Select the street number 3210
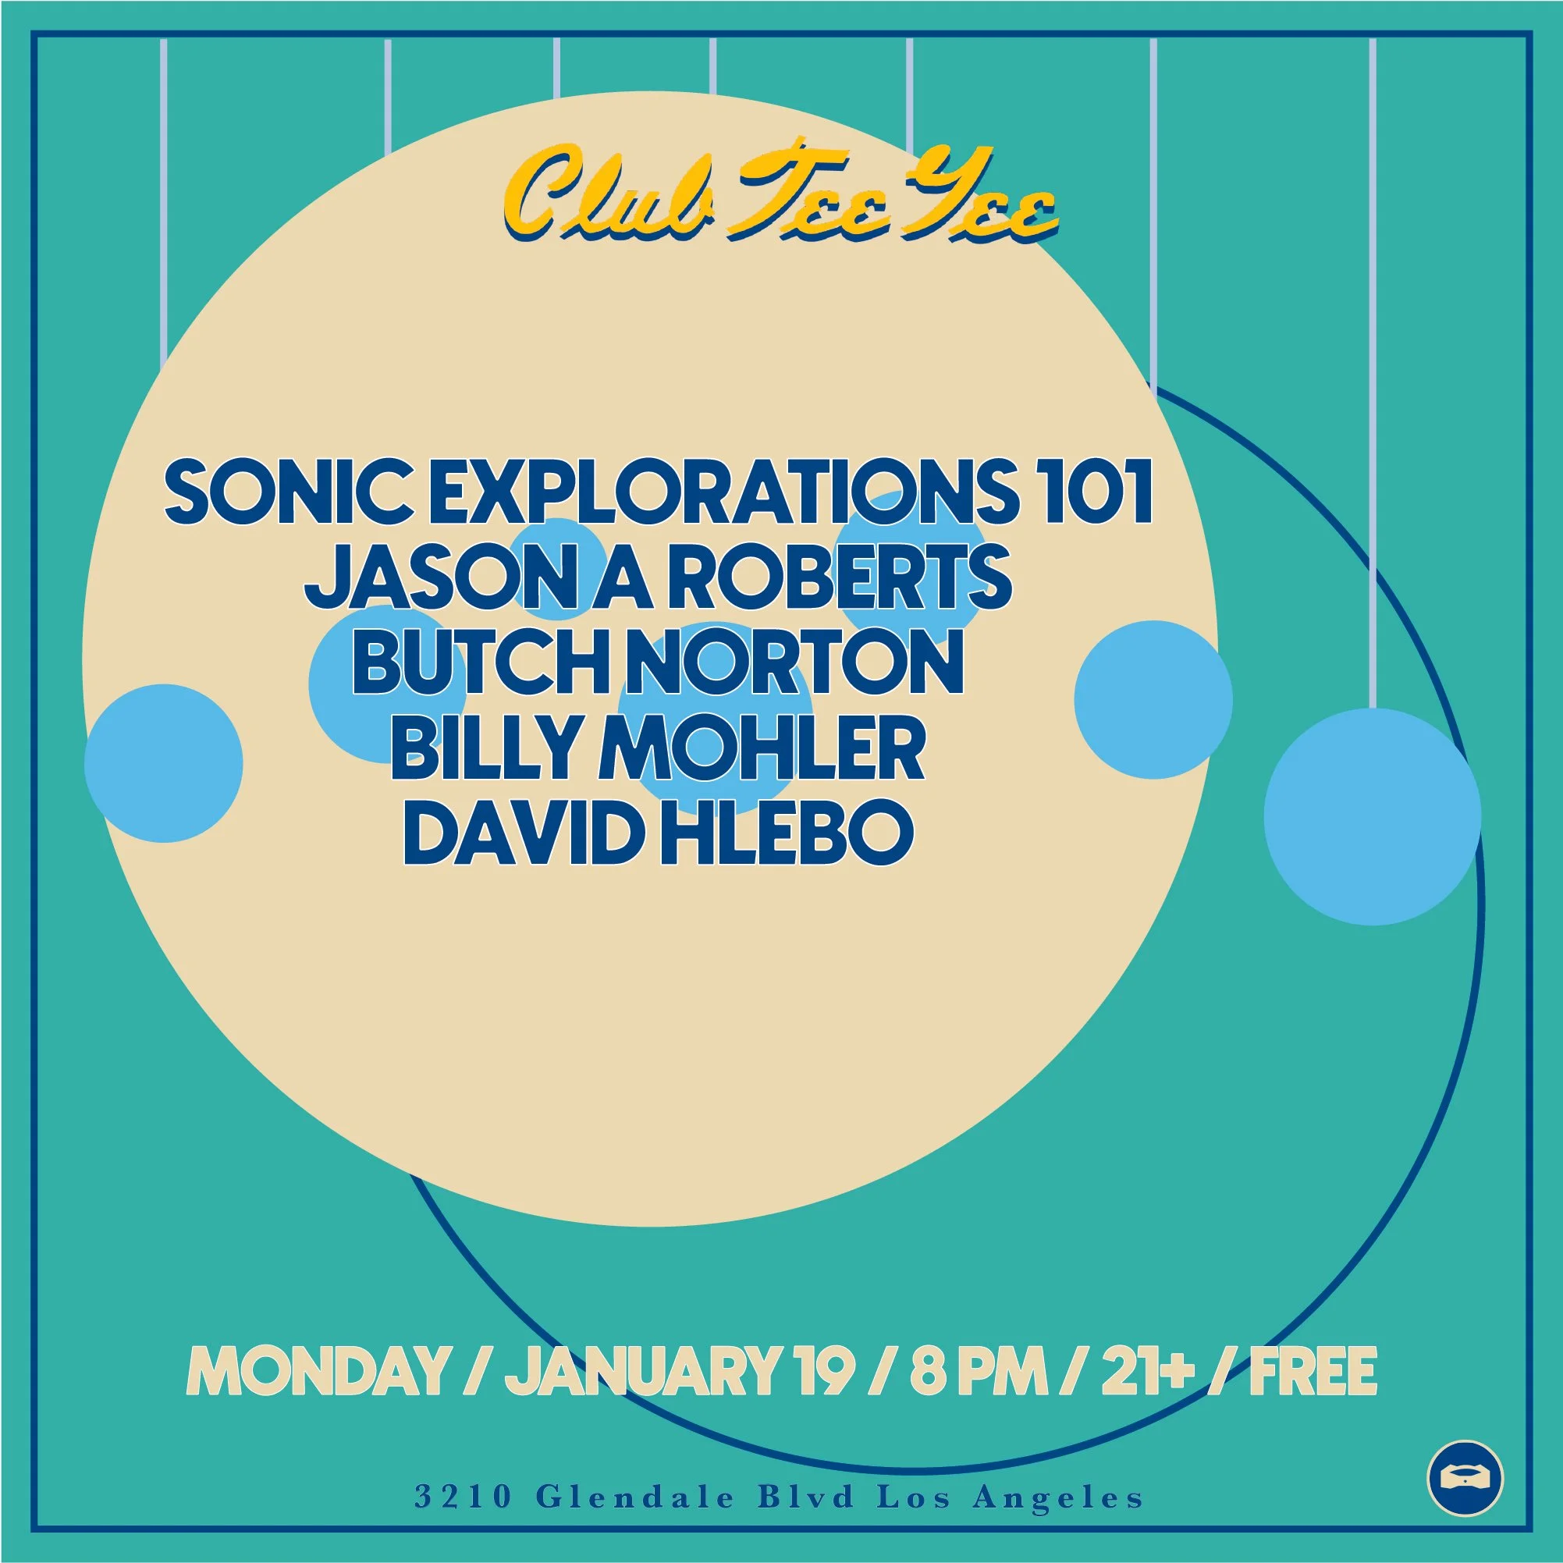point(463,1497)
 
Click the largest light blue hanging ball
point(1372,816)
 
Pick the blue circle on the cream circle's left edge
point(163,763)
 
